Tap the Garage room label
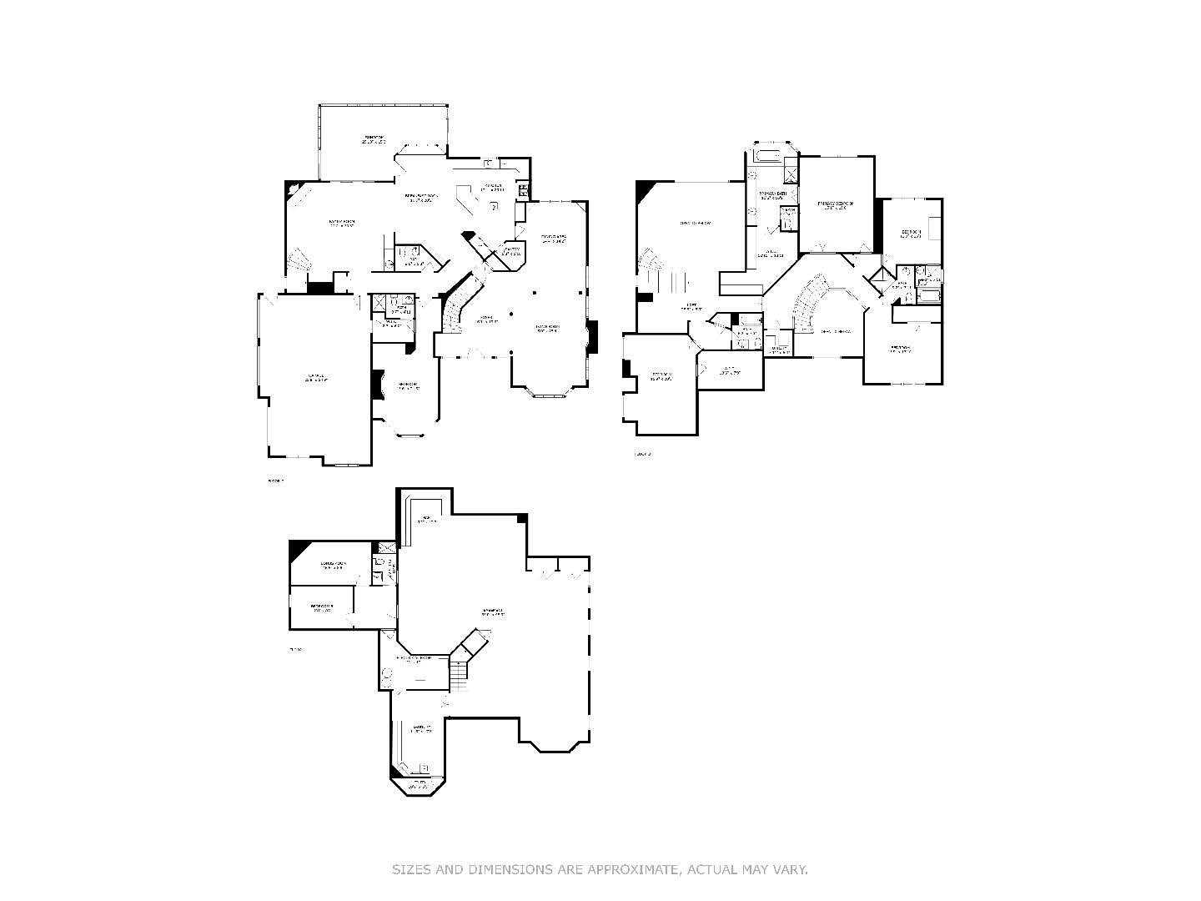(x=315, y=379)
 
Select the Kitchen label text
(x=493, y=188)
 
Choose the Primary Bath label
(x=771, y=196)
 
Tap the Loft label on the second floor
(x=688, y=307)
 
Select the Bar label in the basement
(x=426, y=520)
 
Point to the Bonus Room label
(x=333, y=566)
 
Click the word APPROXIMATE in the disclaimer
(x=631, y=869)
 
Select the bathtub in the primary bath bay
(x=767, y=156)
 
